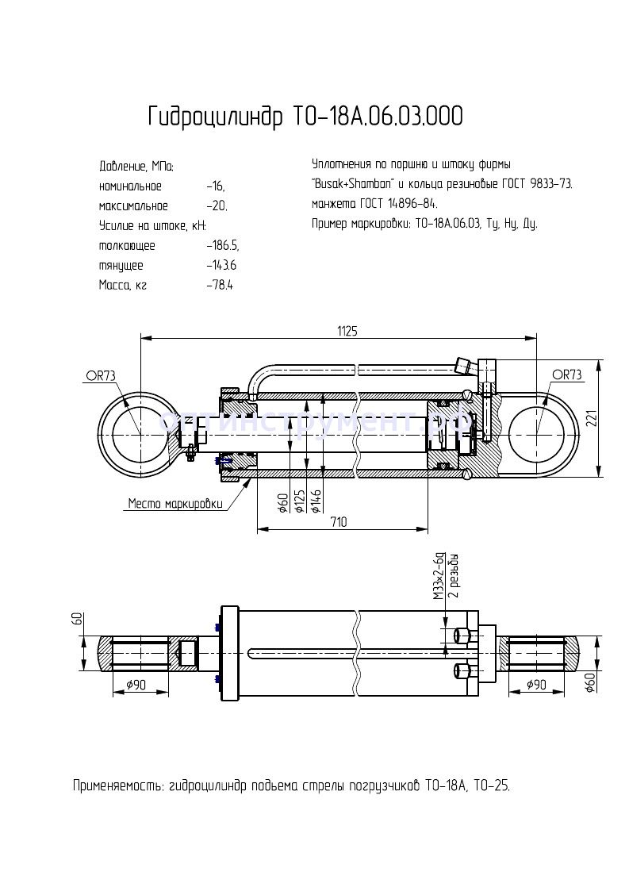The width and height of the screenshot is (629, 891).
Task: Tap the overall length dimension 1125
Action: point(347,332)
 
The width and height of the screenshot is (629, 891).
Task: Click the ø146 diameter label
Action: point(316,502)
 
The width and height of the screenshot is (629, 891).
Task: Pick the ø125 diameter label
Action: point(300,502)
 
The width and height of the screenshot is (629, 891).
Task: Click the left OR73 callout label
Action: point(101,375)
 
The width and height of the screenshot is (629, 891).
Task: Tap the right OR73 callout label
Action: point(566,374)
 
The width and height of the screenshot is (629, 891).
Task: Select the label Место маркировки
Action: point(175,503)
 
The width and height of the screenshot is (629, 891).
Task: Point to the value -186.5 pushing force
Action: point(222,246)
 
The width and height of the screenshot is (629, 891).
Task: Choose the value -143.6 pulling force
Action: point(221,266)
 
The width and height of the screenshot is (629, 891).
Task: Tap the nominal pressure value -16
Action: point(215,186)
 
